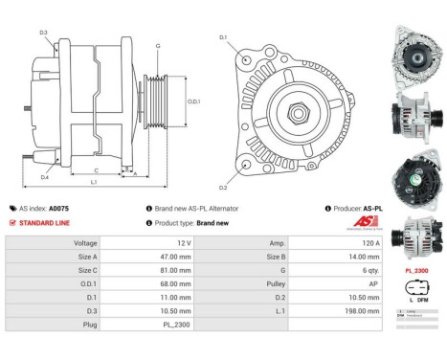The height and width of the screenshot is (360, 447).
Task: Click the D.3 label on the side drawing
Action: tap(44, 34)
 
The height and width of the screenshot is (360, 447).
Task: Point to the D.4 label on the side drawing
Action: tap(44, 176)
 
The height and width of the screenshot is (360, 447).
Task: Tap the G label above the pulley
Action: tap(158, 46)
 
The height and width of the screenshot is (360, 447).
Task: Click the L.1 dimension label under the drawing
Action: tap(93, 182)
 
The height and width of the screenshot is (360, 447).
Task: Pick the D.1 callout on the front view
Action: tap(223, 37)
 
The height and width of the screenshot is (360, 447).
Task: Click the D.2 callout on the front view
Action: tap(223, 188)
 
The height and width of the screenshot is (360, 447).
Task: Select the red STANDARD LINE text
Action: tap(44, 222)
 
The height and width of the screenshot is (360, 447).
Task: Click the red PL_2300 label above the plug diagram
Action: tap(416, 271)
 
